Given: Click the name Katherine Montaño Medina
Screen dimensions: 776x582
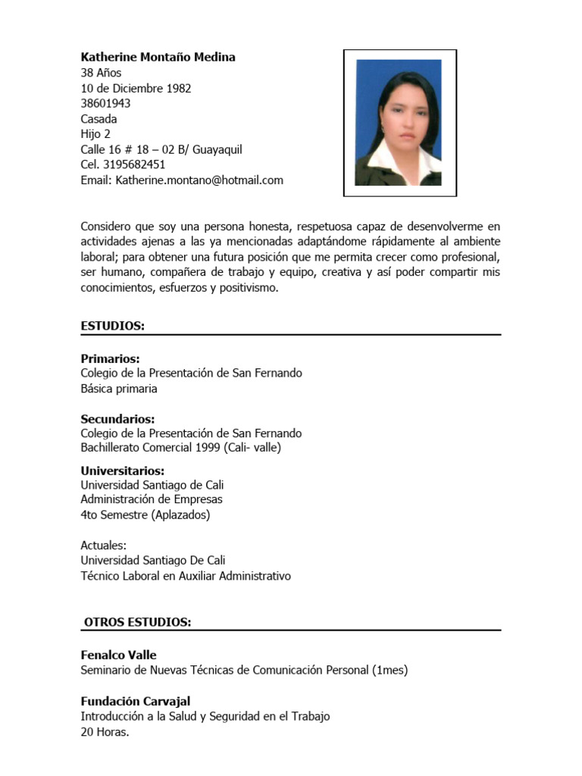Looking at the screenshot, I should [158, 58].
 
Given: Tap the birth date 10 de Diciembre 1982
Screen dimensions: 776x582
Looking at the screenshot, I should [136, 89].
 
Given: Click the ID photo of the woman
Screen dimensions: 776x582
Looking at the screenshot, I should [399, 123].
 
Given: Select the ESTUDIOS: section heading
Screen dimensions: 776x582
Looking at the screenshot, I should [112, 326].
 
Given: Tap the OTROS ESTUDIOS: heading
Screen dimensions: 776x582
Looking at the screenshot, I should [137, 623].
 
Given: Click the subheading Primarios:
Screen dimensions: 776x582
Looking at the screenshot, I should [110, 359].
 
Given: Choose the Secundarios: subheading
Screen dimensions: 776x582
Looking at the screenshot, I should [117, 419].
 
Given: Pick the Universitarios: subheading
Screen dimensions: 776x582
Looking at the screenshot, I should [122, 471].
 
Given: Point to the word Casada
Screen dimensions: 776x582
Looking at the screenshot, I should [99, 119].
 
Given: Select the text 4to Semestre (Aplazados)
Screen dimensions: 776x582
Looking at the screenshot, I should [145, 515].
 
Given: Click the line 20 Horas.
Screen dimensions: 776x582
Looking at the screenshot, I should [105, 732].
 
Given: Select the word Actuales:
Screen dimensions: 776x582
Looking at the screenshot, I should [103, 546].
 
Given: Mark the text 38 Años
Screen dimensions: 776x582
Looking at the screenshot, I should [101, 74].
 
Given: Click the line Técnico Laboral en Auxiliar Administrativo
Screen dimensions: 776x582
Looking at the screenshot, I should [186, 576].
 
